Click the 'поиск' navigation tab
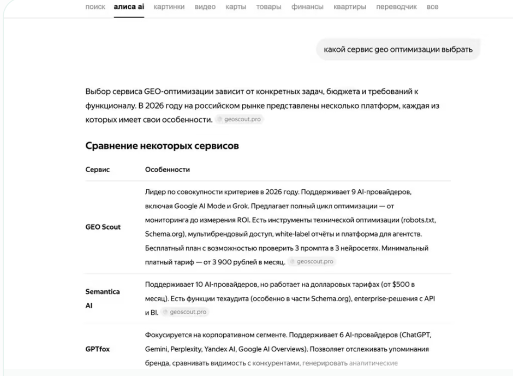[95, 7]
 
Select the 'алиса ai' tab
[129, 7]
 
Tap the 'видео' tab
[205, 7]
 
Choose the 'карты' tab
[236, 7]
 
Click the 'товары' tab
[269, 7]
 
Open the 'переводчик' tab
[396, 7]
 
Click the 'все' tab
[432, 7]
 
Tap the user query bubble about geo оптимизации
[398, 50]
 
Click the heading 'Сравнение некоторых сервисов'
[162, 146]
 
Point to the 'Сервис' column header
[98, 169]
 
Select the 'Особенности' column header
[168, 169]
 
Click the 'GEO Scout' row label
[103, 227]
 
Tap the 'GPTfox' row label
[98, 349]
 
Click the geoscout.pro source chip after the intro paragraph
[240, 119]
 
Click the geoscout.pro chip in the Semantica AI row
[186, 312]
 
